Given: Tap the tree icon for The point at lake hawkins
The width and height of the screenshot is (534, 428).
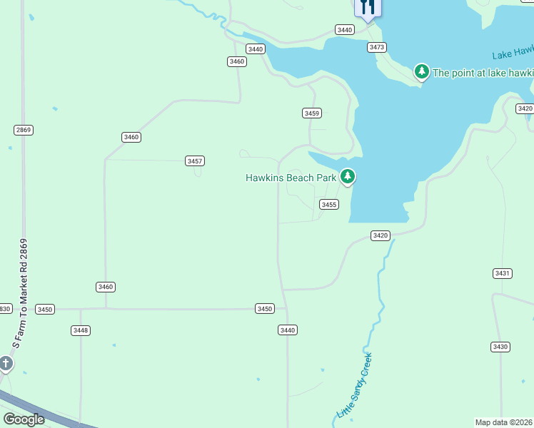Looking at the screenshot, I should tap(422, 71).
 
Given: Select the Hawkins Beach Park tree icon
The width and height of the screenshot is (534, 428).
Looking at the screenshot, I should tap(348, 176).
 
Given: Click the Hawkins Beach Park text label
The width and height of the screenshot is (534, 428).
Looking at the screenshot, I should tap(291, 178).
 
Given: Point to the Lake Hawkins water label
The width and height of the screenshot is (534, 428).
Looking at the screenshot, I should tap(513, 53).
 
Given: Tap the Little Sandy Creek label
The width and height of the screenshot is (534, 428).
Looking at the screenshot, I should tap(355, 385).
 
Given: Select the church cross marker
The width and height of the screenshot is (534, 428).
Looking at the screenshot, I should tap(6, 365).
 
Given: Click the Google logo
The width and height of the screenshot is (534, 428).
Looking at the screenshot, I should tap(24, 419).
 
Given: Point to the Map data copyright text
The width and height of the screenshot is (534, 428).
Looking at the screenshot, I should tap(503, 422).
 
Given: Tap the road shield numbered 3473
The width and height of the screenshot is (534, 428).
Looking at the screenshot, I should tap(377, 47).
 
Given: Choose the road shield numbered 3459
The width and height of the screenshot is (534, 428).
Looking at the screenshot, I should tap(311, 113).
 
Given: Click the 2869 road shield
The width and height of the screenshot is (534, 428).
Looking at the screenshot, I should tap(23, 130).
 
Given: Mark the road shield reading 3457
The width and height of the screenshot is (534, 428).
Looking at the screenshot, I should tap(195, 160).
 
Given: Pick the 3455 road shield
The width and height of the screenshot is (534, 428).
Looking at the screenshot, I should tap(329, 205).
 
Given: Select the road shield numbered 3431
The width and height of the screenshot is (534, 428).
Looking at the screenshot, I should tap(503, 273).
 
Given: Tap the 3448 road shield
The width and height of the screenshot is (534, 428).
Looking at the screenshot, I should tap(80, 330).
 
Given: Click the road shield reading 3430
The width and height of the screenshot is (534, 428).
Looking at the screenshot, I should tap(500, 347).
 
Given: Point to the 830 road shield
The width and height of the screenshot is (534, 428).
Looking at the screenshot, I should tap(5, 309).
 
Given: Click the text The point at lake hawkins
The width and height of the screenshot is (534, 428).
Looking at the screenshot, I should tap(483, 72).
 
